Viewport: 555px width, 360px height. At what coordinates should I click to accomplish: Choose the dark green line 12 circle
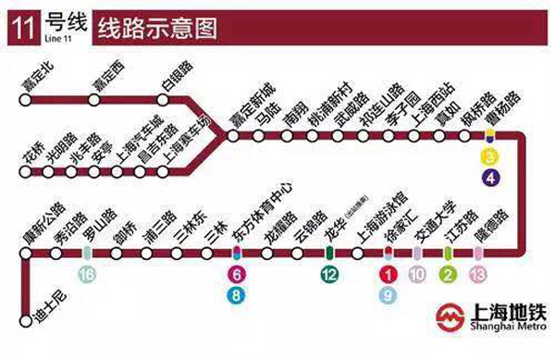(x=329, y=274)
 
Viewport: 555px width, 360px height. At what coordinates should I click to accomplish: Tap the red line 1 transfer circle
(x=389, y=274)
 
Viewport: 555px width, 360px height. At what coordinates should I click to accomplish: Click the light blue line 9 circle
(x=389, y=294)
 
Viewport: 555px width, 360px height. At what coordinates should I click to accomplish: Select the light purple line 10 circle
(x=418, y=274)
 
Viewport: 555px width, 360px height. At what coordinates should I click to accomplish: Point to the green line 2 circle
(x=448, y=274)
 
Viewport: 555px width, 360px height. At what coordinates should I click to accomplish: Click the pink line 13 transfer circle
(x=477, y=274)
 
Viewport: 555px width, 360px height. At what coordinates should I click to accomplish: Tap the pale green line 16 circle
(x=87, y=274)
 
